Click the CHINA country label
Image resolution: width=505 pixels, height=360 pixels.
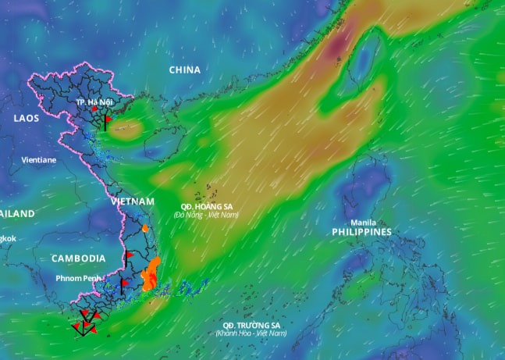point(184,70)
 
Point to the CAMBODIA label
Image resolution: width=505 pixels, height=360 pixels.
point(78,258)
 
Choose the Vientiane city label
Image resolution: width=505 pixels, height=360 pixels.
point(38,159)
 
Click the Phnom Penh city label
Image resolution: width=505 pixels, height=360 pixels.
point(78,278)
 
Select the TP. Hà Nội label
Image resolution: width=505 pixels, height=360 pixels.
point(92,102)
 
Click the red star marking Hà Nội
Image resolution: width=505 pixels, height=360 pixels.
point(95,110)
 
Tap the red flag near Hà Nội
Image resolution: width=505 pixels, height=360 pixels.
point(107,121)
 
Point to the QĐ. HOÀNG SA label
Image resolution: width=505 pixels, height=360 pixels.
point(206,205)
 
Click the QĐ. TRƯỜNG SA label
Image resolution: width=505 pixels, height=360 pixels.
point(251,324)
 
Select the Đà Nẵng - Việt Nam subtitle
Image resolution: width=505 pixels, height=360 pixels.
point(206,214)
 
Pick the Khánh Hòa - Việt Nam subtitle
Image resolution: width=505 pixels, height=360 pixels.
point(251,333)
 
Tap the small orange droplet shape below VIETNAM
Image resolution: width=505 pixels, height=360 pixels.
point(145,228)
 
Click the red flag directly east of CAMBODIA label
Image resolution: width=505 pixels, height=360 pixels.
point(130,255)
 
